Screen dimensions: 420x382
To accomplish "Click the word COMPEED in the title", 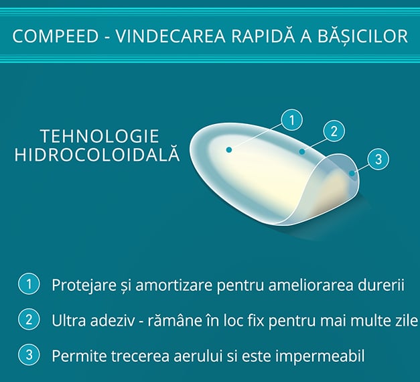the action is [x=56, y=36].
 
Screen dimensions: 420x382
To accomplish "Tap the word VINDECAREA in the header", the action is [x=171, y=36].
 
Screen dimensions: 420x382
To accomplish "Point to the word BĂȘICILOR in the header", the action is [x=362, y=36].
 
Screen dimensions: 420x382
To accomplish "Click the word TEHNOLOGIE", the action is [x=100, y=136].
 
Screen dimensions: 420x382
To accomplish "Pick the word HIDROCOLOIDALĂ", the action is [x=96, y=154].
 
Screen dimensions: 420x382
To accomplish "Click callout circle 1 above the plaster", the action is [x=291, y=120].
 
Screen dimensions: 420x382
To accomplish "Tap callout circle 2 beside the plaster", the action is [x=334, y=131].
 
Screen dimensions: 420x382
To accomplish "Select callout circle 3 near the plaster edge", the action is [x=378, y=160].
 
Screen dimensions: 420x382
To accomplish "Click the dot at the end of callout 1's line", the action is [x=228, y=150].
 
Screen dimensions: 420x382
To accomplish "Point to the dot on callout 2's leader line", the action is [x=302, y=151].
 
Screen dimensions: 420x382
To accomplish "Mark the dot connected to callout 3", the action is [x=352, y=174].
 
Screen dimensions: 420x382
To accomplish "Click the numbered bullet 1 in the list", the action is [x=29, y=284].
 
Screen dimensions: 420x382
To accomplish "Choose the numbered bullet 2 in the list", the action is [x=29, y=320].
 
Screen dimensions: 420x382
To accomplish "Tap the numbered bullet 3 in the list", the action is [x=29, y=355].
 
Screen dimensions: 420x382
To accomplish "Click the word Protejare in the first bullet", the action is [x=84, y=285].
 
